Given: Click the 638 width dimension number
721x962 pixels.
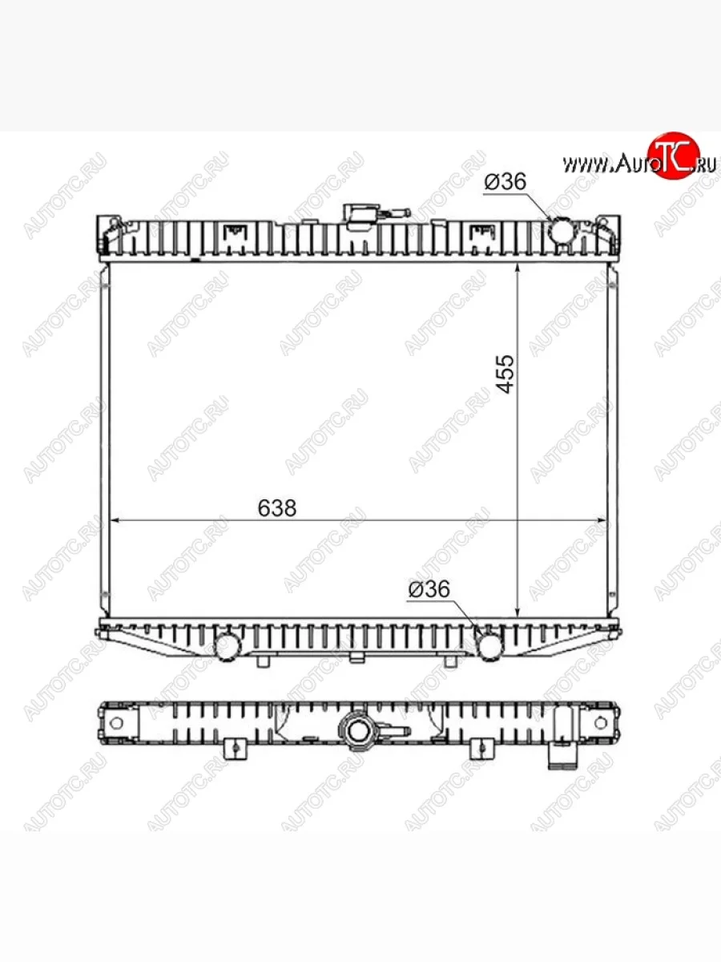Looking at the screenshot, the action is [276, 508].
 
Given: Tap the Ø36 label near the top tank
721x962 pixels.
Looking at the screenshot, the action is [506, 181].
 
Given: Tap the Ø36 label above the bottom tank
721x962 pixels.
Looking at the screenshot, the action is [429, 589].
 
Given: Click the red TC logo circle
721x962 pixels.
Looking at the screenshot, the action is [675, 156].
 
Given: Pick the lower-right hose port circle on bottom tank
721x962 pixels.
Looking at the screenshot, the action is [489, 646].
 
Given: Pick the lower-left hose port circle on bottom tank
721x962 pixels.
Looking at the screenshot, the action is [228, 646].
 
